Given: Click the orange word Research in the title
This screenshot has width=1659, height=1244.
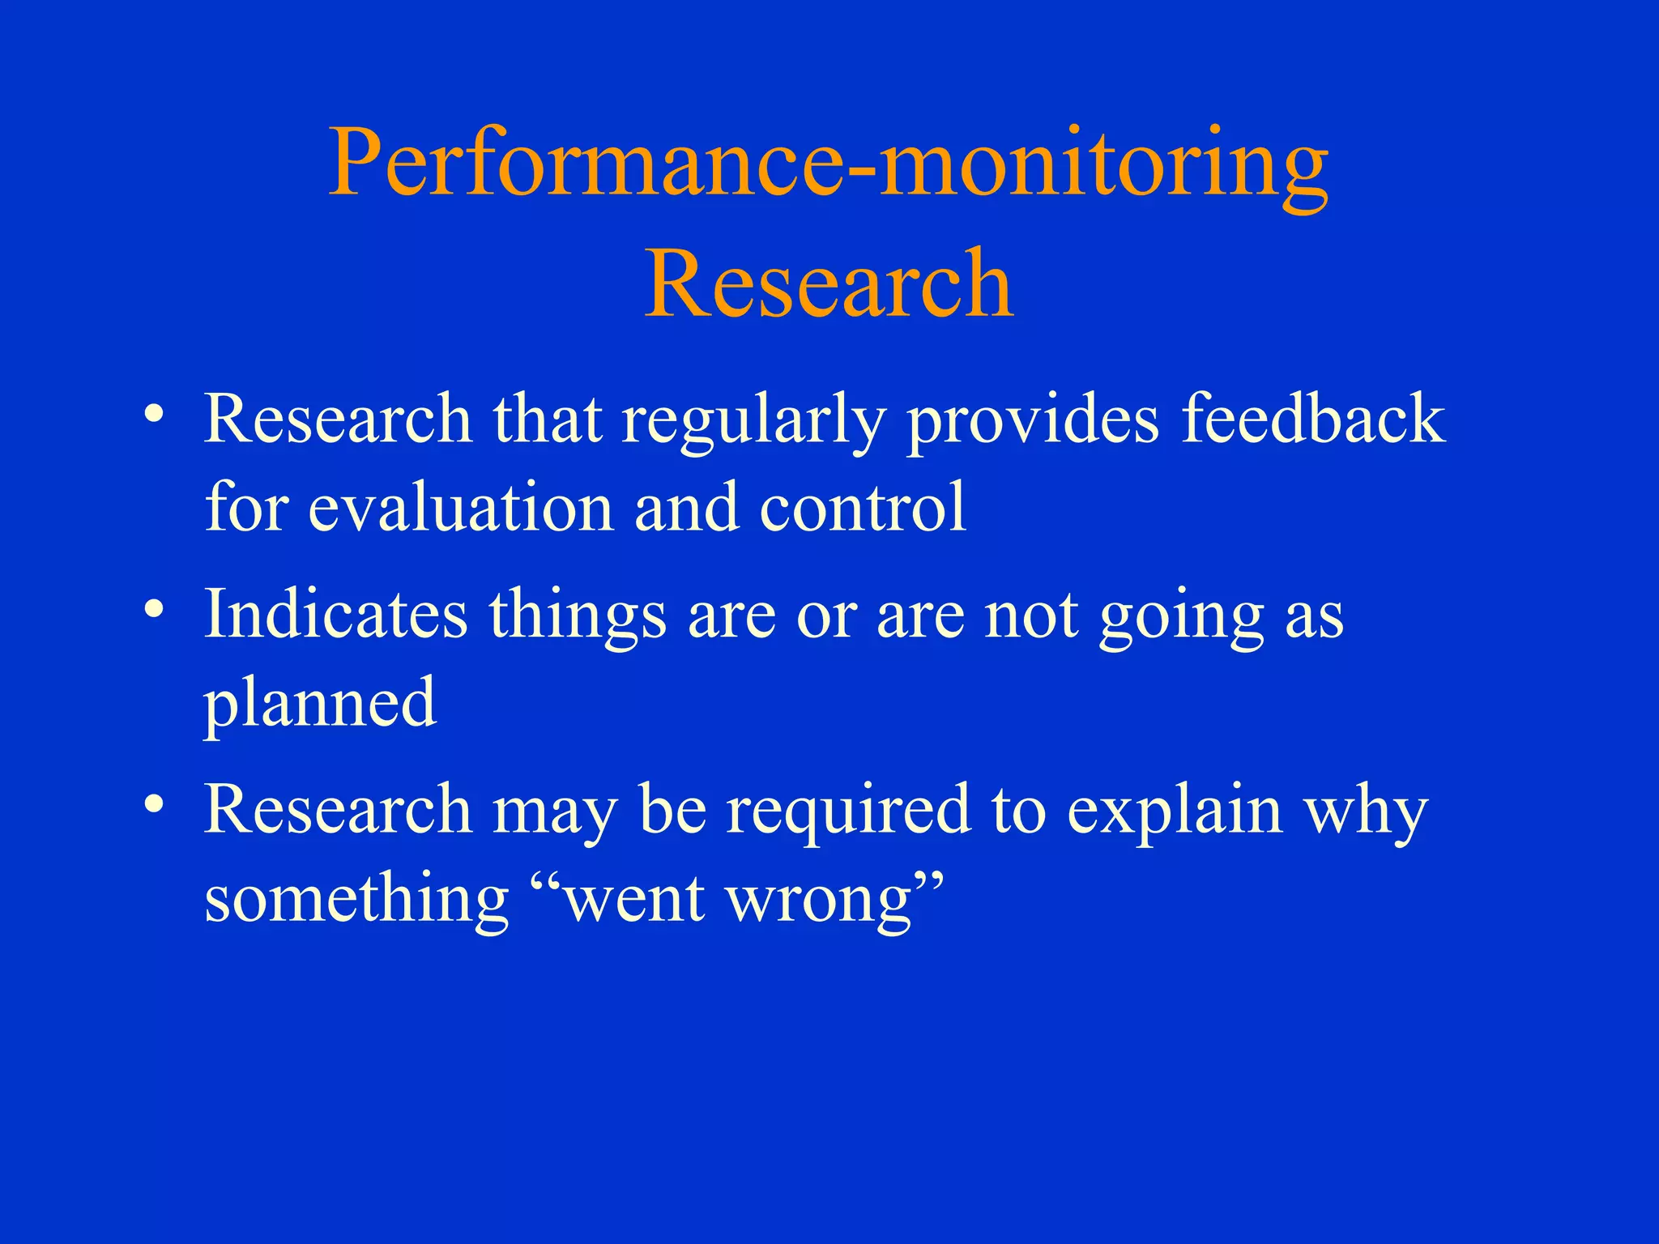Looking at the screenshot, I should pos(828,283).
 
